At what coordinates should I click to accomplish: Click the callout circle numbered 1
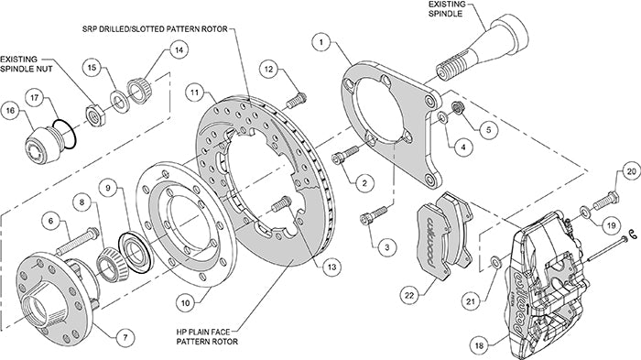(x=321, y=41)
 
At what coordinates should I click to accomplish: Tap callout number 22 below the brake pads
(x=409, y=294)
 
